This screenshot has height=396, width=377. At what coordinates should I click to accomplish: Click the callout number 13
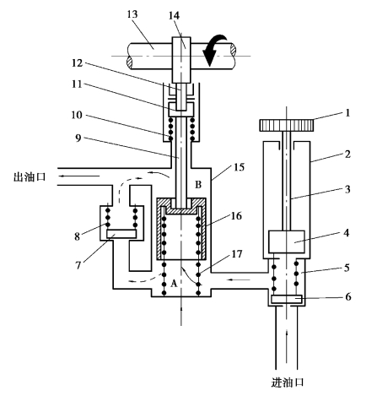[132, 14]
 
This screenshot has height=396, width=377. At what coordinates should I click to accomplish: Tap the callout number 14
[174, 15]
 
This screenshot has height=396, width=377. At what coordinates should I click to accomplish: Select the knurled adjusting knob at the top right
[287, 125]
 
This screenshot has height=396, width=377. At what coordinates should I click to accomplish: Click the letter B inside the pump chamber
[198, 185]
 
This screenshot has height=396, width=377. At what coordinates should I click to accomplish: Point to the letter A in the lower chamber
[174, 284]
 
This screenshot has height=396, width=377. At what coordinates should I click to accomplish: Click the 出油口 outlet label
[30, 177]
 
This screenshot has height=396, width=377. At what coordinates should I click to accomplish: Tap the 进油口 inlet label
[288, 382]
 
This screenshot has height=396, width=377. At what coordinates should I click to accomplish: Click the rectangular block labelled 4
[287, 241]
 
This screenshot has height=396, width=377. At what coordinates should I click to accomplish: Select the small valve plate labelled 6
[287, 299]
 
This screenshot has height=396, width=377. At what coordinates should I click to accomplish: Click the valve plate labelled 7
[121, 234]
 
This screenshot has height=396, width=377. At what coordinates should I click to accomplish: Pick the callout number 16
[236, 216]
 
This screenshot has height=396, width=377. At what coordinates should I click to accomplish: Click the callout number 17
[236, 254]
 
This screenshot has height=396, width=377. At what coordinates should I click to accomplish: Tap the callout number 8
[78, 236]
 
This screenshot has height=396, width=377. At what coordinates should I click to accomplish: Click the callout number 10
[77, 115]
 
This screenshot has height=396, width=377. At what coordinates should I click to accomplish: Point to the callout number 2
[347, 155]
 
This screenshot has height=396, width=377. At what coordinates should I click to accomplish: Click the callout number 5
[347, 268]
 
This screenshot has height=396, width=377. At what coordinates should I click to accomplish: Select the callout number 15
[239, 167]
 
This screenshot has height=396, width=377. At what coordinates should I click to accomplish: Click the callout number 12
[77, 62]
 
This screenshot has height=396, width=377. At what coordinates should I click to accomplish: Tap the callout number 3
[347, 189]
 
